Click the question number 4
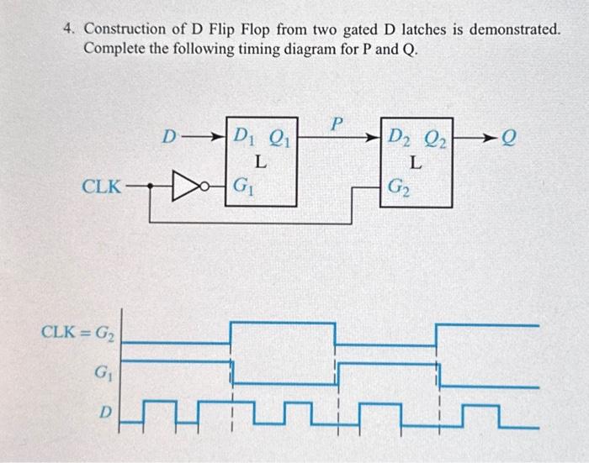point(70,29)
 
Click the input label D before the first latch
point(169,135)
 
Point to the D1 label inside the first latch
point(244,134)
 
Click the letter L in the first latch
point(261,160)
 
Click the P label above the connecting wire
point(336,124)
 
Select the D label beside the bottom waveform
point(105,412)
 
